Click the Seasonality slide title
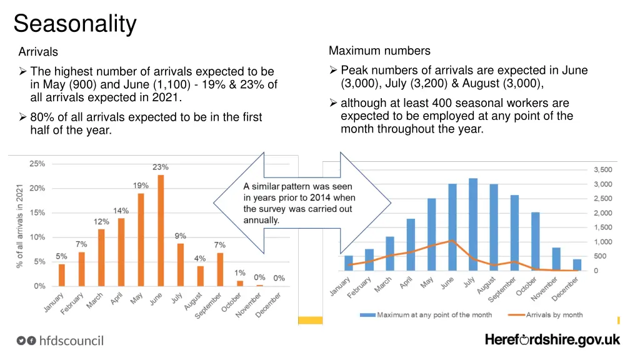coord(75,24)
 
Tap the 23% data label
coord(161,167)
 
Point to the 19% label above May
coord(141,186)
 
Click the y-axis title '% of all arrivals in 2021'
coord(20,226)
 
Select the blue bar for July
coord(473,224)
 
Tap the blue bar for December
coord(577,265)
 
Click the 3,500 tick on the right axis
coord(602,170)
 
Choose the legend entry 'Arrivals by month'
coord(554,315)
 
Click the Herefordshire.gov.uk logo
coord(552,340)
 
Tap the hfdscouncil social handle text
coord(71,341)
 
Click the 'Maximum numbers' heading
coord(379,51)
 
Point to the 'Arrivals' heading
coord(38,52)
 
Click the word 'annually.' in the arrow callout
coord(261,220)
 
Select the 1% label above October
coord(240,272)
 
